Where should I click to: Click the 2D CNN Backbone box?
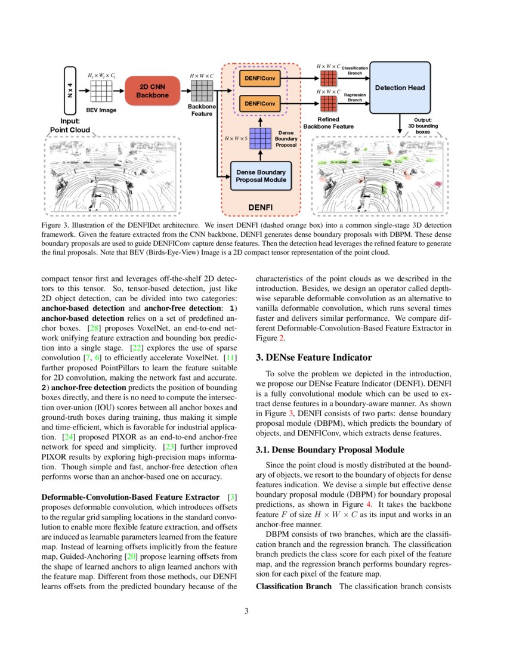(x=152, y=91)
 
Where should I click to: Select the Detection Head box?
(x=400, y=88)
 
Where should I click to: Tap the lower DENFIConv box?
(x=260, y=104)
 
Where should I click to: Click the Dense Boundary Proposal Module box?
(x=261, y=176)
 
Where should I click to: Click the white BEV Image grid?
(x=101, y=92)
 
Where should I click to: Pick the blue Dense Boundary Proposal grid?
(x=260, y=139)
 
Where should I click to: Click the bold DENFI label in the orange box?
(x=260, y=207)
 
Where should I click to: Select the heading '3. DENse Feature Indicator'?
(x=314, y=357)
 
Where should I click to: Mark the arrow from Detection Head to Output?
(x=400, y=123)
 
